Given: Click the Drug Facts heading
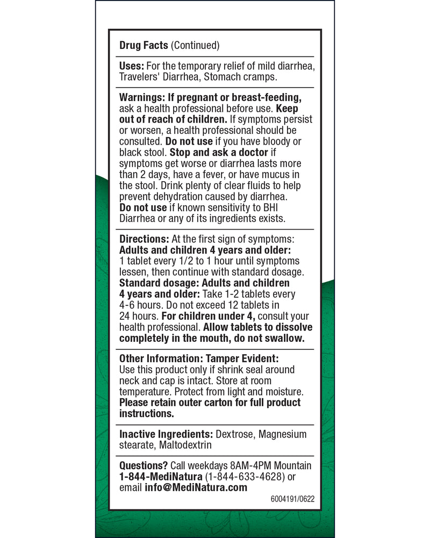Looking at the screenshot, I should [x=144, y=46].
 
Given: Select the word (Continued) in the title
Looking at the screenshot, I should [x=195, y=46].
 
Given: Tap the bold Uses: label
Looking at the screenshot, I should [x=132, y=66].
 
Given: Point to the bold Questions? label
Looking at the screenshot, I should [x=142, y=465].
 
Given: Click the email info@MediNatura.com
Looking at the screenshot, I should [x=196, y=487].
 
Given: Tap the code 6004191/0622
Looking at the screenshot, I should [x=292, y=498].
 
